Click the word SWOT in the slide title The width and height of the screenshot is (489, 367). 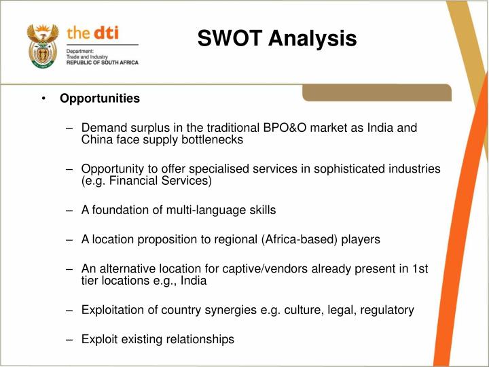coord(230,39)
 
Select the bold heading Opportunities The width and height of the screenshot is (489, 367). coord(100,99)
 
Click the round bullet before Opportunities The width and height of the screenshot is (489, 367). coord(43,99)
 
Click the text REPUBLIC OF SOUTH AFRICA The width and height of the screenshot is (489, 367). coord(102,63)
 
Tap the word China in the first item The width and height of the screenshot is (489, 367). coord(98,140)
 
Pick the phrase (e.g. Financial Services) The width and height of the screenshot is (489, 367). coord(147,181)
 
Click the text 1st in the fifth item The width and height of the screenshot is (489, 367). coord(420,268)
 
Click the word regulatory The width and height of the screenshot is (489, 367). coord(387,310)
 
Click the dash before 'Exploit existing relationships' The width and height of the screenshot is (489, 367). coord(70,339)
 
